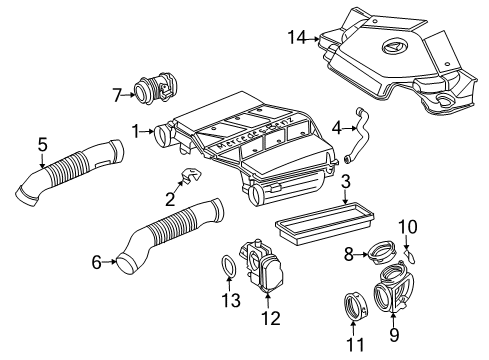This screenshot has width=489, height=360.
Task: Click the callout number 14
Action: point(297,37)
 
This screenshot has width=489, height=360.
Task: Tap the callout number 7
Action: point(117,95)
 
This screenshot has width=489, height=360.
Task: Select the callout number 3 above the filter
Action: point(346,182)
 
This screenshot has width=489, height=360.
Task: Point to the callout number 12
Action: point(271,318)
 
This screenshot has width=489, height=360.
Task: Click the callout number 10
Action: point(408,227)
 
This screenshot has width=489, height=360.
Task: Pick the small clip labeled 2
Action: point(191,176)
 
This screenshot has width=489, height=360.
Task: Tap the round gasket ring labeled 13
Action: point(229,266)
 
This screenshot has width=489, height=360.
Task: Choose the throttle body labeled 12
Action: point(262,267)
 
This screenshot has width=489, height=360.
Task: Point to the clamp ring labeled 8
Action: point(382,252)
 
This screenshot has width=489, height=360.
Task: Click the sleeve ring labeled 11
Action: point(356,307)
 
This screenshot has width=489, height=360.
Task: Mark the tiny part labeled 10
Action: point(410,256)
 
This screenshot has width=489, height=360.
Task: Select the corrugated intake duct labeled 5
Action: point(70,172)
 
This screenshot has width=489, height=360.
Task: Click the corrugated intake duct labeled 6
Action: point(170,236)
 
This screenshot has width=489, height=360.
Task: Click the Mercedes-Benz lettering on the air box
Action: point(255,132)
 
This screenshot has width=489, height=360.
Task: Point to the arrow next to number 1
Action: point(147,132)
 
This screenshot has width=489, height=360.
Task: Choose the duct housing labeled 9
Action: point(393,288)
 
